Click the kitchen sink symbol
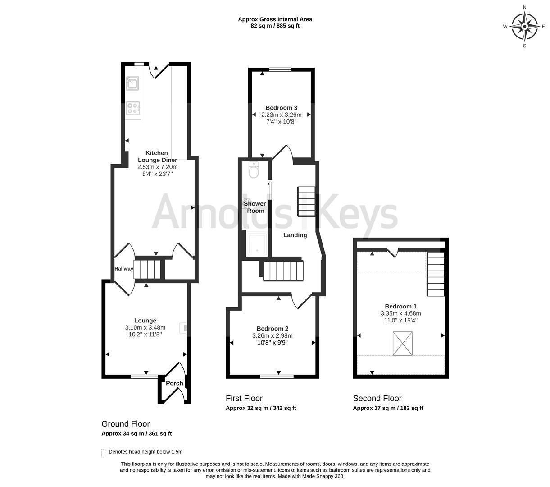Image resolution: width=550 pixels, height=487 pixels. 132,83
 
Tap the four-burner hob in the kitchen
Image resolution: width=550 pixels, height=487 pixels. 133,108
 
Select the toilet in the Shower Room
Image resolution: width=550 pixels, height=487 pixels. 254,170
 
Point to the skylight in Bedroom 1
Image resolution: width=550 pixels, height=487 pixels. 402,343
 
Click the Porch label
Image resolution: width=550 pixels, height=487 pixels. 174,383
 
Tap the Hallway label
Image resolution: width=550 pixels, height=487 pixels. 124,268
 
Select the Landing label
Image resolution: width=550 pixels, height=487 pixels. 295,235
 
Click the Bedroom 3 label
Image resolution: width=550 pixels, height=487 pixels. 281,108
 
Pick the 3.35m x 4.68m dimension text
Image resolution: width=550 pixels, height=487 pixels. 401,313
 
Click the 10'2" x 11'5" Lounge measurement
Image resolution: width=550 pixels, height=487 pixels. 145,334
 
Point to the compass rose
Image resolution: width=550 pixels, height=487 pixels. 524,26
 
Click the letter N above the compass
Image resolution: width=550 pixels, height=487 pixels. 524,7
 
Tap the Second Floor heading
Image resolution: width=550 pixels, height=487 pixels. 377,398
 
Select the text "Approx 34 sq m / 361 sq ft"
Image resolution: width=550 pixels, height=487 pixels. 136,433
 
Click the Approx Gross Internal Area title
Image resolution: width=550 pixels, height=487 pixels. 275,19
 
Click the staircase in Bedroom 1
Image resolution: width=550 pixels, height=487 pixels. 436,274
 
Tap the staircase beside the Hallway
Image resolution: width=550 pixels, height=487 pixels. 147,269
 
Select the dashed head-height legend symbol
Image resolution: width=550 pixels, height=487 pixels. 103,453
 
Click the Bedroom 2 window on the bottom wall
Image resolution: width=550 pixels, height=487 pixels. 277,377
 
